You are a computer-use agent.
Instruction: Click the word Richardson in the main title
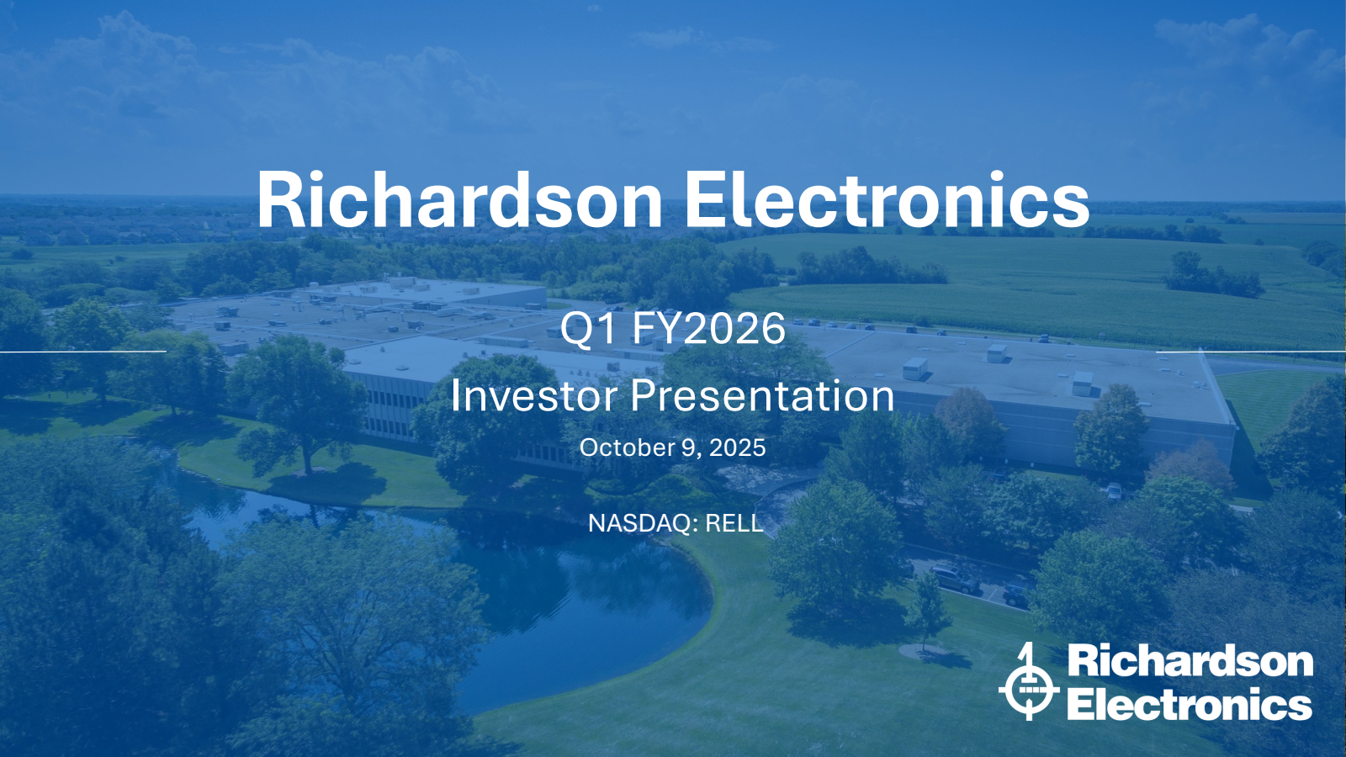coord(459,199)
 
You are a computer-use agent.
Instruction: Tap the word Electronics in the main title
coord(887,199)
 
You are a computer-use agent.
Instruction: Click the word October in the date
coord(617,447)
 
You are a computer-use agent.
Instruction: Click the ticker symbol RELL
coord(734,523)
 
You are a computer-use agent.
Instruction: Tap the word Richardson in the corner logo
coord(1190,661)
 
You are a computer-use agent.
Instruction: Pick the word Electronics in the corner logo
coord(1190,703)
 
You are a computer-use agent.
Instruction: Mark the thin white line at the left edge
coord(83,351)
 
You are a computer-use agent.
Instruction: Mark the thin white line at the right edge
coord(1250,352)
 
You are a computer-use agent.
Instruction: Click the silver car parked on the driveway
coord(954,580)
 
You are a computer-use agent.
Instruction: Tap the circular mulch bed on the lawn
coord(925,651)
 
